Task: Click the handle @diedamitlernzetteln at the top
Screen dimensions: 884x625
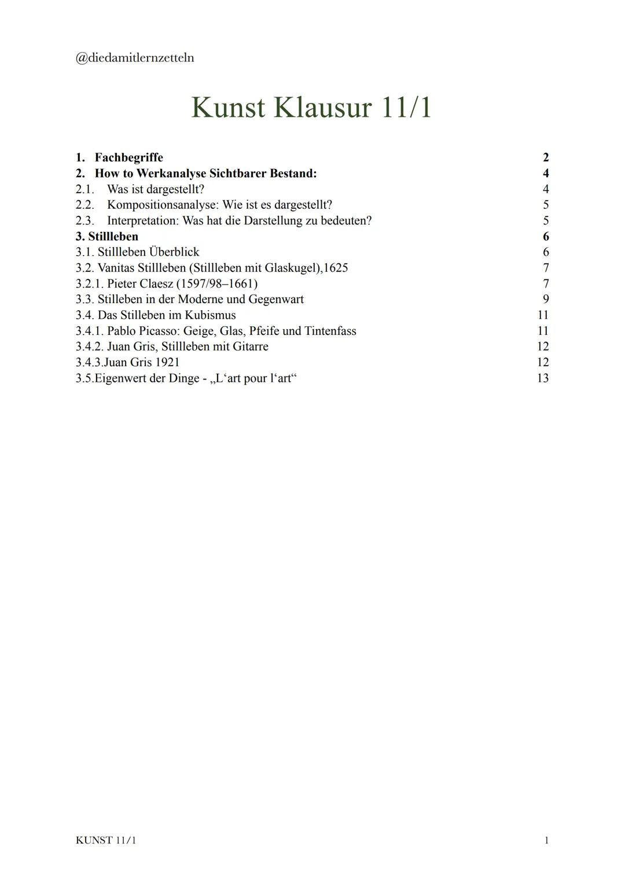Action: [135, 58]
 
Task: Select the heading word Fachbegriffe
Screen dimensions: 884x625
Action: [129, 157]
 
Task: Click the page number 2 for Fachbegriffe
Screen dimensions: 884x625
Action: [546, 157]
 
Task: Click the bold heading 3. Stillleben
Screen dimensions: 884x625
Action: [107, 236]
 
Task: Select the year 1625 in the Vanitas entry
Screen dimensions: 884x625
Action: [336, 268]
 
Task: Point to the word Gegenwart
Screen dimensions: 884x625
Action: [276, 299]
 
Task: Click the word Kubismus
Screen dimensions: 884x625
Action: [210, 315]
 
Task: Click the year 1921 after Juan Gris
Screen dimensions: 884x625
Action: [167, 362]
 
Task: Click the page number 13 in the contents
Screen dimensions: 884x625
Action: [543, 378]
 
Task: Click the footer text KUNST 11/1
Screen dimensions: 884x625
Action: [106, 840]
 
